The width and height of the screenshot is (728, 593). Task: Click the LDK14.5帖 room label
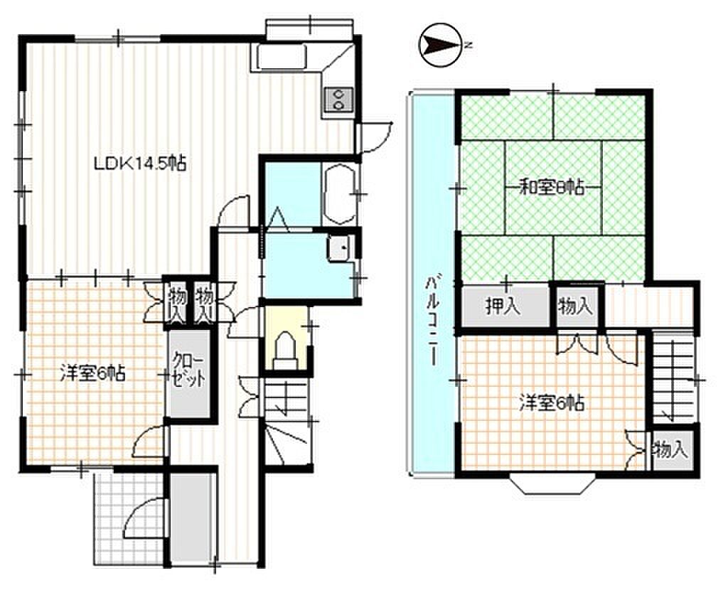click(x=140, y=164)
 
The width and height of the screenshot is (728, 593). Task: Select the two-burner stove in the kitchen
click(x=338, y=99)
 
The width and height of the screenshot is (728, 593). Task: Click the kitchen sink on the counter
click(x=281, y=57)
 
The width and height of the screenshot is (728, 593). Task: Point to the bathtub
click(x=339, y=193)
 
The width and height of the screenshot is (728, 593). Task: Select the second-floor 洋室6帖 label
click(x=552, y=402)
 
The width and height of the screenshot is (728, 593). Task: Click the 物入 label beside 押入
click(x=576, y=306)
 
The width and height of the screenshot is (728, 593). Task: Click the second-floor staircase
click(x=673, y=379)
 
